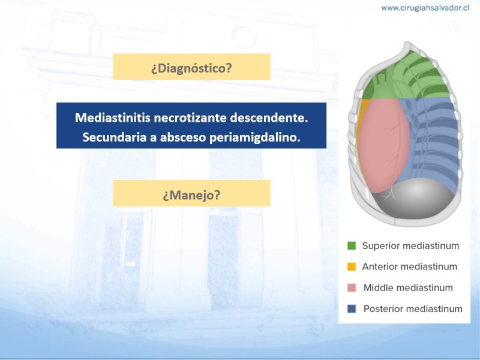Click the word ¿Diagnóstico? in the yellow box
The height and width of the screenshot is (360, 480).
click(x=191, y=68)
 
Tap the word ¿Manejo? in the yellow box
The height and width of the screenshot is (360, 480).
click(x=191, y=194)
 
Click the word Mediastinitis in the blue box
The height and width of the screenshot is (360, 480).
click(x=113, y=118)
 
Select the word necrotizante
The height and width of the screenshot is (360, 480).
click(x=190, y=118)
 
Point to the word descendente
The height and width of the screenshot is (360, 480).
click(x=269, y=118)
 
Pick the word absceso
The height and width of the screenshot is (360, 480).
click(x=183, y=137)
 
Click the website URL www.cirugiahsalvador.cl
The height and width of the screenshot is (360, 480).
click(x=425, y=8)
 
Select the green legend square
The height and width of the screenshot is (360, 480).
click(x=352, y=245)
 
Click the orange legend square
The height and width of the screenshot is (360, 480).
click(x=352, y=266)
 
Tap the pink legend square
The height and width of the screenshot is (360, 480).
click(x=352, y=288)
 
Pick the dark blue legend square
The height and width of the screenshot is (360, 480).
click(x=352, y=309)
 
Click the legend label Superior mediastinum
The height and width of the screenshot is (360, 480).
click(x=410, y=246)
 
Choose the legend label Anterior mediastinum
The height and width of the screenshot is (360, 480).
click(x=410, y=266)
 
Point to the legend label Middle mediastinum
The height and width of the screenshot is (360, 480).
click(x=408, y=288)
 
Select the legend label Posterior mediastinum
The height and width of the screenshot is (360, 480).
click(x=413, y=309)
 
